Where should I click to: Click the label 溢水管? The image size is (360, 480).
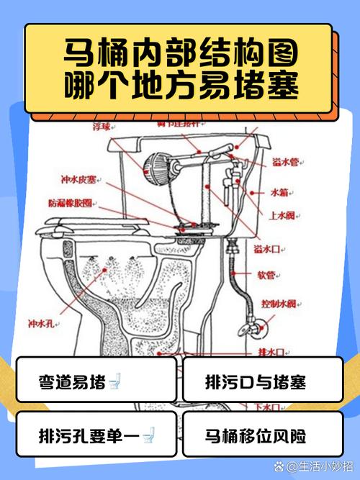coord(283,163)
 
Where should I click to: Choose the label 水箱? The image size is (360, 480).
coord(279,192)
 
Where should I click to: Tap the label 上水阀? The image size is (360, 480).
coord(282,215)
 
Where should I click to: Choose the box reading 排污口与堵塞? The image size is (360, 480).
coord(256,380)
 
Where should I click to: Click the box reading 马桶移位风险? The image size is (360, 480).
coord(256,435)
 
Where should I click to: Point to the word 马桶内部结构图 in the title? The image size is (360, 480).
coord(179,54)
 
